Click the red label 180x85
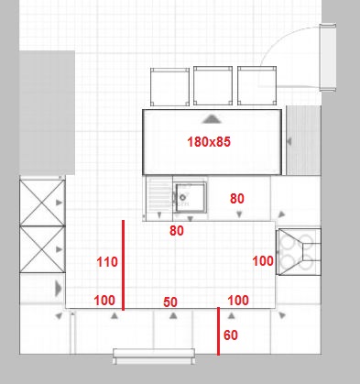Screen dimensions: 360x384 (x=209, y=142)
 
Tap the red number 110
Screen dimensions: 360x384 (x=107, y=262)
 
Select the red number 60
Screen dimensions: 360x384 (x=231, y=335)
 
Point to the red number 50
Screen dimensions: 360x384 (x=170, y=302)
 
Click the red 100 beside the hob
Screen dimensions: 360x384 (x=263, y=261)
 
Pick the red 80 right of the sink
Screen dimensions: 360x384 (x=237, y=199)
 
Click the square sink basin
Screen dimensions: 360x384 (x=191, y=197)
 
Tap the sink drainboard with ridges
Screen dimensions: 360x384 (x=159, y=194)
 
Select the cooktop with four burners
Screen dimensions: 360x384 (x=299, y=252)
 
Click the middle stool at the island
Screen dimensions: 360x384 (x=213, y=86)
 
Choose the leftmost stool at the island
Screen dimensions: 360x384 (x=169, y=87)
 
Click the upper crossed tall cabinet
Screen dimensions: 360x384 (x=42, y=203)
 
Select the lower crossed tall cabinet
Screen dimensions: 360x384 (x=42, y=249)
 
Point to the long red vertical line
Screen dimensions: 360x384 (x=123, y=265)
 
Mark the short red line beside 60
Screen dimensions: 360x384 (x=218, y=331)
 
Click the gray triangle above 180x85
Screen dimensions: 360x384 (x=212, y=119)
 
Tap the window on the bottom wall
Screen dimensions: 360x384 (x=154, y=357)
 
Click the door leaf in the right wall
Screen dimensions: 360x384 (x=328, y=57)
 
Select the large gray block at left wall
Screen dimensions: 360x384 (x=47, y=113)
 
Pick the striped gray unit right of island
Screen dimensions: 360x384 (x=303, y=140)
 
